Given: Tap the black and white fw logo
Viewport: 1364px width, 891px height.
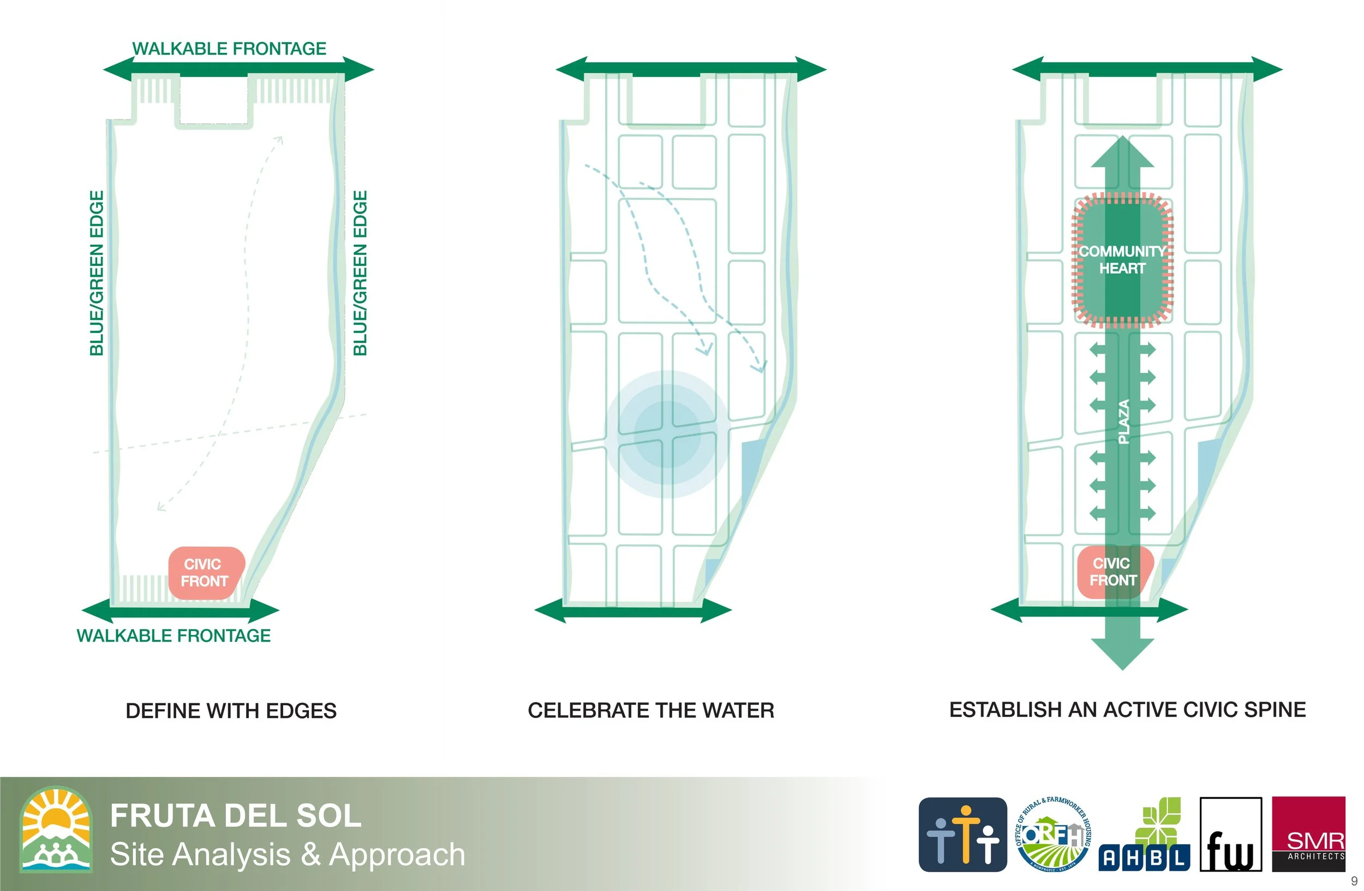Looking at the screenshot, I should [x=1230, y=835].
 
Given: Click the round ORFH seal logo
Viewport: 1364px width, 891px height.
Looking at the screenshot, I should [x=1054, y=834].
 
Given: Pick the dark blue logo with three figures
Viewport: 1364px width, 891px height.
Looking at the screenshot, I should [x=962, y=834].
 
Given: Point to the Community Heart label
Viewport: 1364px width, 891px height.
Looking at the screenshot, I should [x=1122, y=260].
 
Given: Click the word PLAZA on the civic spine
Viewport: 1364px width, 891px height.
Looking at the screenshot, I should [x=1124, y=421].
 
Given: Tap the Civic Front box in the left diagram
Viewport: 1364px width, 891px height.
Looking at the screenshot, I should [x=206, y=572].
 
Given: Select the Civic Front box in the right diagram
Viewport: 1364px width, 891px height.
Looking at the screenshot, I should [x=1114, y=572].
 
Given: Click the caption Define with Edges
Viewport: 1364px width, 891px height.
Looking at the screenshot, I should [x=231, y=711].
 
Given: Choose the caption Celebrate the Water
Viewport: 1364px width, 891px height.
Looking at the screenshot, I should [x=650, y=710].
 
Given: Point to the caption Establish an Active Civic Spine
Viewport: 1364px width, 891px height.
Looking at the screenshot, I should [x=1127, y=710].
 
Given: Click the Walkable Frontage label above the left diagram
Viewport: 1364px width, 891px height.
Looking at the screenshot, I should [x=229, y=49].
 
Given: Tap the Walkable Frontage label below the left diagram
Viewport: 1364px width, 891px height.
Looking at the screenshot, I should [x=174, y=636].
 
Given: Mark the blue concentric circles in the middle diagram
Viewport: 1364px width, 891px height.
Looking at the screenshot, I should [x=667, y=434].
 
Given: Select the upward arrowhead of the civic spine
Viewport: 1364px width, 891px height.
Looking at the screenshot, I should [x=1122, y=152].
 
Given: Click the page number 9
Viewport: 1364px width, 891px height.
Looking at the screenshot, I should [x=1354, y=881].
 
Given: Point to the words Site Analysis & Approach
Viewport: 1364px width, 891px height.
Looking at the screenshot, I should [x=287, y=854].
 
